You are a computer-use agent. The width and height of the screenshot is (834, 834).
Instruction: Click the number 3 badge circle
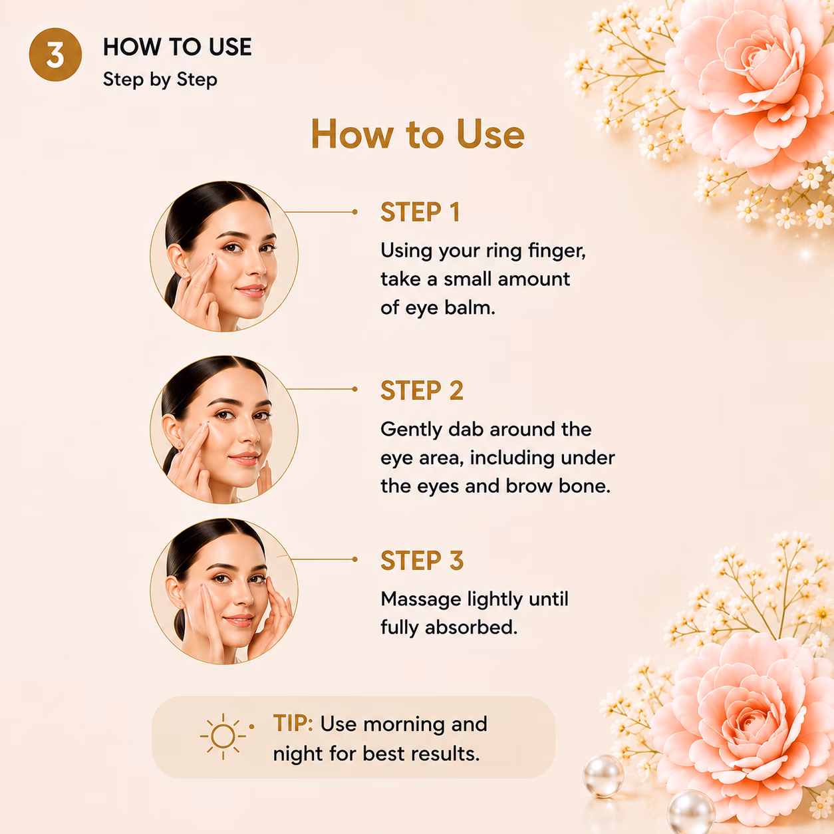(x=55, y=55)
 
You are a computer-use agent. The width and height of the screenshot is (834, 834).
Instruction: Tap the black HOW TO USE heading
(x=177, y=47)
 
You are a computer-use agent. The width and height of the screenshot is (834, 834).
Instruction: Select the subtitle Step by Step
(x=160, y=80)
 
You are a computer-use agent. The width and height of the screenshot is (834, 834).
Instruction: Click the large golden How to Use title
(x=418, y=134)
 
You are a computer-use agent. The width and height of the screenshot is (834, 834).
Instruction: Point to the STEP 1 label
(x=420, y=212)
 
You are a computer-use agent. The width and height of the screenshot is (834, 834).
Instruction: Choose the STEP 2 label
(x=422, y=390)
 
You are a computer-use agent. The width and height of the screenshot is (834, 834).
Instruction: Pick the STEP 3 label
(x=422, y=561)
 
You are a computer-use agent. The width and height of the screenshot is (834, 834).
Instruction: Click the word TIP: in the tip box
(x=293, y=723)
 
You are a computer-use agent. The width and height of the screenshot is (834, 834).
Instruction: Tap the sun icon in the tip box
(x=223, y=736)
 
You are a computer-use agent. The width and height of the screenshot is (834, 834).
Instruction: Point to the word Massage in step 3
(x=421, y=600)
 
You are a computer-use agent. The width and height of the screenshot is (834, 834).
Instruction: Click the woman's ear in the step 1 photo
(x=178, y=263)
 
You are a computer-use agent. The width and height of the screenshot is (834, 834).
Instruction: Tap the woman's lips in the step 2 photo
(x=245, y=458)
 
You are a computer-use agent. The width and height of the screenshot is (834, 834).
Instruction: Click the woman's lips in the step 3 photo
(x=239, y=621)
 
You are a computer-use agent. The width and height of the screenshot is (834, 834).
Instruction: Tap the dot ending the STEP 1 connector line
(x=355, y=211)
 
